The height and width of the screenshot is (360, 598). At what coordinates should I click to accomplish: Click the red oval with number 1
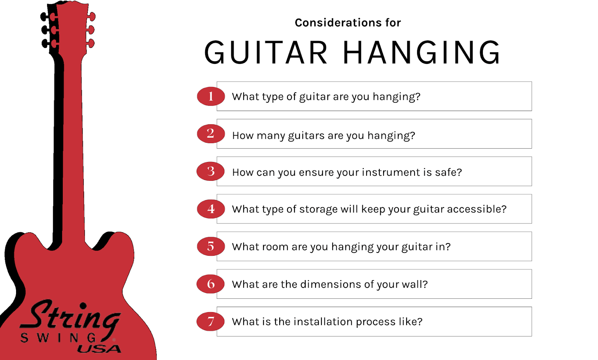coord(211,96)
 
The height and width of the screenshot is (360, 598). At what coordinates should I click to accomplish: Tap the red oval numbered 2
coord(211,134)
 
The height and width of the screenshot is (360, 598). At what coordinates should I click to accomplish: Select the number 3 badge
coord(210,171)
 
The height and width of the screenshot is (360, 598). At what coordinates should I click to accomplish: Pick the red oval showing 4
coord(211,209)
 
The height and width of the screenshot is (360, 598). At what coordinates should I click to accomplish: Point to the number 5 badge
coord(211,246)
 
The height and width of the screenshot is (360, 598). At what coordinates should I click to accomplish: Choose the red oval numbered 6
coord(210,284)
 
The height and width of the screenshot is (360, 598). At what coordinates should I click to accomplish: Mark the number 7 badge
coord(210,322)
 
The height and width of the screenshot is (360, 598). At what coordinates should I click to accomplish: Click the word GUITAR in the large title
coord(266,52)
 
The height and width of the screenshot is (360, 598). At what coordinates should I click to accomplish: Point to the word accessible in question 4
coord(477,209)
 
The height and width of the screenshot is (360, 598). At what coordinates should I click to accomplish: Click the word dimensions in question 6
coord(330,284)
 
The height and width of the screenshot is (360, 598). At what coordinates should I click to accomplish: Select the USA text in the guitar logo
coord(99,349)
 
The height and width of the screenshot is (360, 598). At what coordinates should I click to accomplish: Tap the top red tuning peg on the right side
coord(91,16)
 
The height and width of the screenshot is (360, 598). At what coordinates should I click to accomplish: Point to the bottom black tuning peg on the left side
coord(45,43)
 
